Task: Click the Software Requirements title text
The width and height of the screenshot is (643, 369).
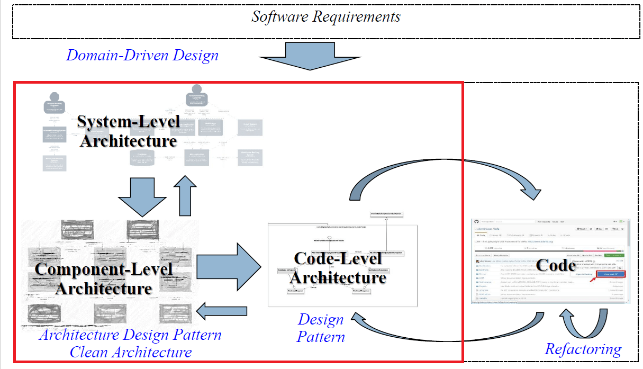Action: click(325, 16)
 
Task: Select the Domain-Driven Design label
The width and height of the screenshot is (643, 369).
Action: click(142, 55)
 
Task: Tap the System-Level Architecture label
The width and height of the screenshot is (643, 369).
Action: click(127, 131)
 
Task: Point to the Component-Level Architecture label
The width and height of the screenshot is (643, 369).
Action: click(104, 278)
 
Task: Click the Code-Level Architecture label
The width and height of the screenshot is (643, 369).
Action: click(338, 267)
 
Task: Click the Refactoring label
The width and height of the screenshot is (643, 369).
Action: click(583, 349)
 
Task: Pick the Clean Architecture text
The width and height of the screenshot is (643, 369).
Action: click(130, 352)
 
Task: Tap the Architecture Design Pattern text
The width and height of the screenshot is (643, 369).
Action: click(130, 335)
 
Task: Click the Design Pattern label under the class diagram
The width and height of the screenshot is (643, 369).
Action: click(321, 328)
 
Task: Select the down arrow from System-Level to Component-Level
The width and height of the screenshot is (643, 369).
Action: click(141, 196)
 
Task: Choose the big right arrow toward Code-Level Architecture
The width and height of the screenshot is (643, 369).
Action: click(229, 263)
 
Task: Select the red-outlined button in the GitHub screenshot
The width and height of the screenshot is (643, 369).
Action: click(610, 274)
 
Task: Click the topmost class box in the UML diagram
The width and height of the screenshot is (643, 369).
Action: click(386, 214)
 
